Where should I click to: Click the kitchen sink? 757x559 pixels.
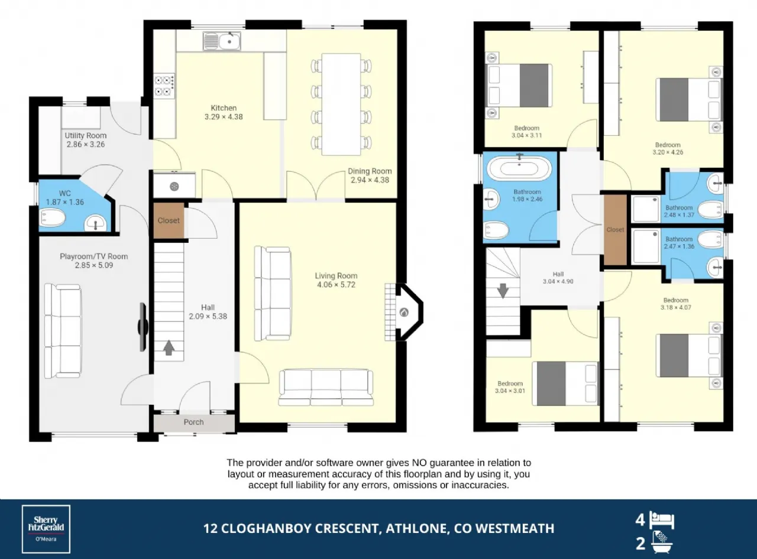tap(222, 41)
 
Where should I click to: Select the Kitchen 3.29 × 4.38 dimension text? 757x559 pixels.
tap(224, 117)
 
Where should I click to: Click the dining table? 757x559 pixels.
tap(341, 104)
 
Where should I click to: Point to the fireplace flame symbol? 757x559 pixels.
tap(404, 312)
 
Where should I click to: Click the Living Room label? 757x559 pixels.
tap(336, 275)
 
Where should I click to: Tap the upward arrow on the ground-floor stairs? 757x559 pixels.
tap(169, 348)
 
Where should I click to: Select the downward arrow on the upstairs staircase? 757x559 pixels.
tap(503, 291)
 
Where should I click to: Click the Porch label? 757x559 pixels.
tap(194, 422)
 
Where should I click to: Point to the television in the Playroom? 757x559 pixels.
tap(143, 327)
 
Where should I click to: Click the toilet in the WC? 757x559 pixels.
tap(53, 218)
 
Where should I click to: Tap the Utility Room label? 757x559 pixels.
tap(86, 135)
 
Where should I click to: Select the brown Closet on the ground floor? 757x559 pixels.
tap(169, 220)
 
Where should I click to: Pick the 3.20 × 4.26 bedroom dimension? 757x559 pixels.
tap(668, 152)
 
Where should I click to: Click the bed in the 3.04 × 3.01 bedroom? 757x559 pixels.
tap(565, 383)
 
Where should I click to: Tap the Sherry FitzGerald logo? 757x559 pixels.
tap(46, 529)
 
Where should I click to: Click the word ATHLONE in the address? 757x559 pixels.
tap(416, 528)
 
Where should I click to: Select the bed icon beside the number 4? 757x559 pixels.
tap(662, 520)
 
